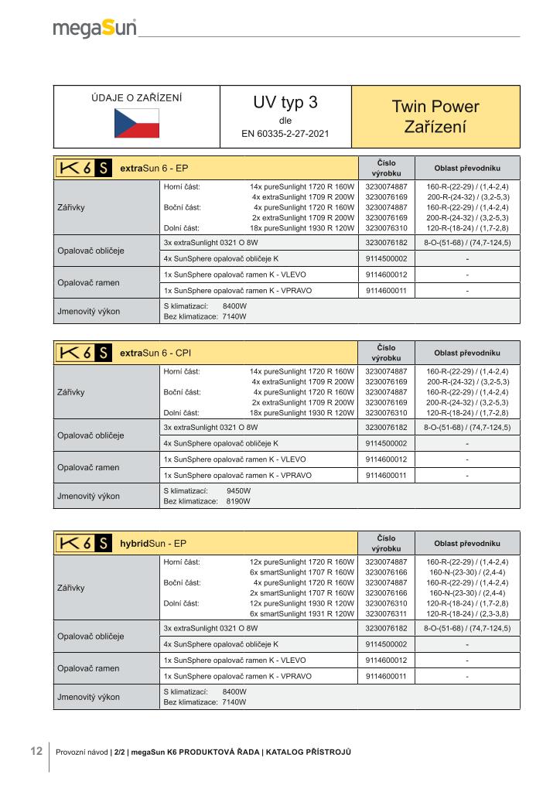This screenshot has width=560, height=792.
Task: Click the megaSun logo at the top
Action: pos(94,29)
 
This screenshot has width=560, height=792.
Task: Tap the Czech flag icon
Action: pos(136,123)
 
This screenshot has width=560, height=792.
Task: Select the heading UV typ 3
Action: pos(285,103)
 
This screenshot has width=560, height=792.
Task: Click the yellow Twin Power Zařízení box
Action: pos(435,116)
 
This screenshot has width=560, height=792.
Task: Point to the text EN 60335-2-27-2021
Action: pos(285,134)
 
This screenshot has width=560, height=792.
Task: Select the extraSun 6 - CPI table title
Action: pos(155,353)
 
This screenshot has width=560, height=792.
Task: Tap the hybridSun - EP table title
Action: pos(153,544)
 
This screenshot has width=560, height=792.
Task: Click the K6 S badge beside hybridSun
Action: pos(83,544)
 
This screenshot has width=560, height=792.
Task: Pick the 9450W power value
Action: pos(238,491)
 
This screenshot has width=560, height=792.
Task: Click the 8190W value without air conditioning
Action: pos(238,501)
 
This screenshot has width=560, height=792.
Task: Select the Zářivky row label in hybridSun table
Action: pos(71,587)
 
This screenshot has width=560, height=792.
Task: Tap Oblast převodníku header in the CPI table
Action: pos(467,353)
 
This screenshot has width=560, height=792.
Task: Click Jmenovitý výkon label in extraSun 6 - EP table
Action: pos(89,311)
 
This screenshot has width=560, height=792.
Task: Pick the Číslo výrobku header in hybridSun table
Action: pos(385,543)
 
